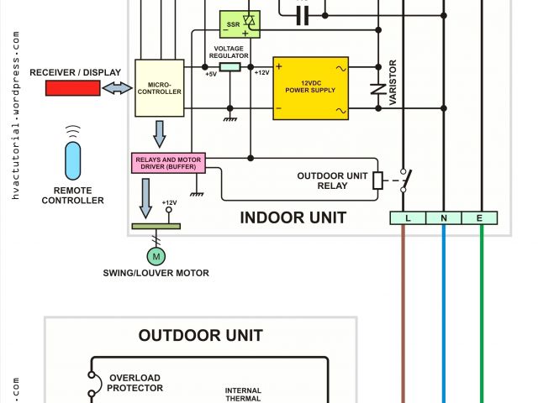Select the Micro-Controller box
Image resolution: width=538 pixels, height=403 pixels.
(159, 86)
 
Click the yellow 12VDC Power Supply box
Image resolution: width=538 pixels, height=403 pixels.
(310, 88)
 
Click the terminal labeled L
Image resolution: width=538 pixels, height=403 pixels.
(407, 218)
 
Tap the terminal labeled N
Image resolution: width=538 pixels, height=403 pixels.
(444, 218)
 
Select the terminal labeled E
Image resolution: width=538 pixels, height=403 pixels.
(480, 218)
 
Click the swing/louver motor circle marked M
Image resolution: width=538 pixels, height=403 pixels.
(156, 254)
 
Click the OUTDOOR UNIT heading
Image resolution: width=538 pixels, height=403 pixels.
(201, 336)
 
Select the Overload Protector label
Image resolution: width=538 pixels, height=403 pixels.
(135, 383)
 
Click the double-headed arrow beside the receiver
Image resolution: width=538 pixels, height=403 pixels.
(117, 87)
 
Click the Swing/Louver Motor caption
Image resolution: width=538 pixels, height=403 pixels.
(156, 273)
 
